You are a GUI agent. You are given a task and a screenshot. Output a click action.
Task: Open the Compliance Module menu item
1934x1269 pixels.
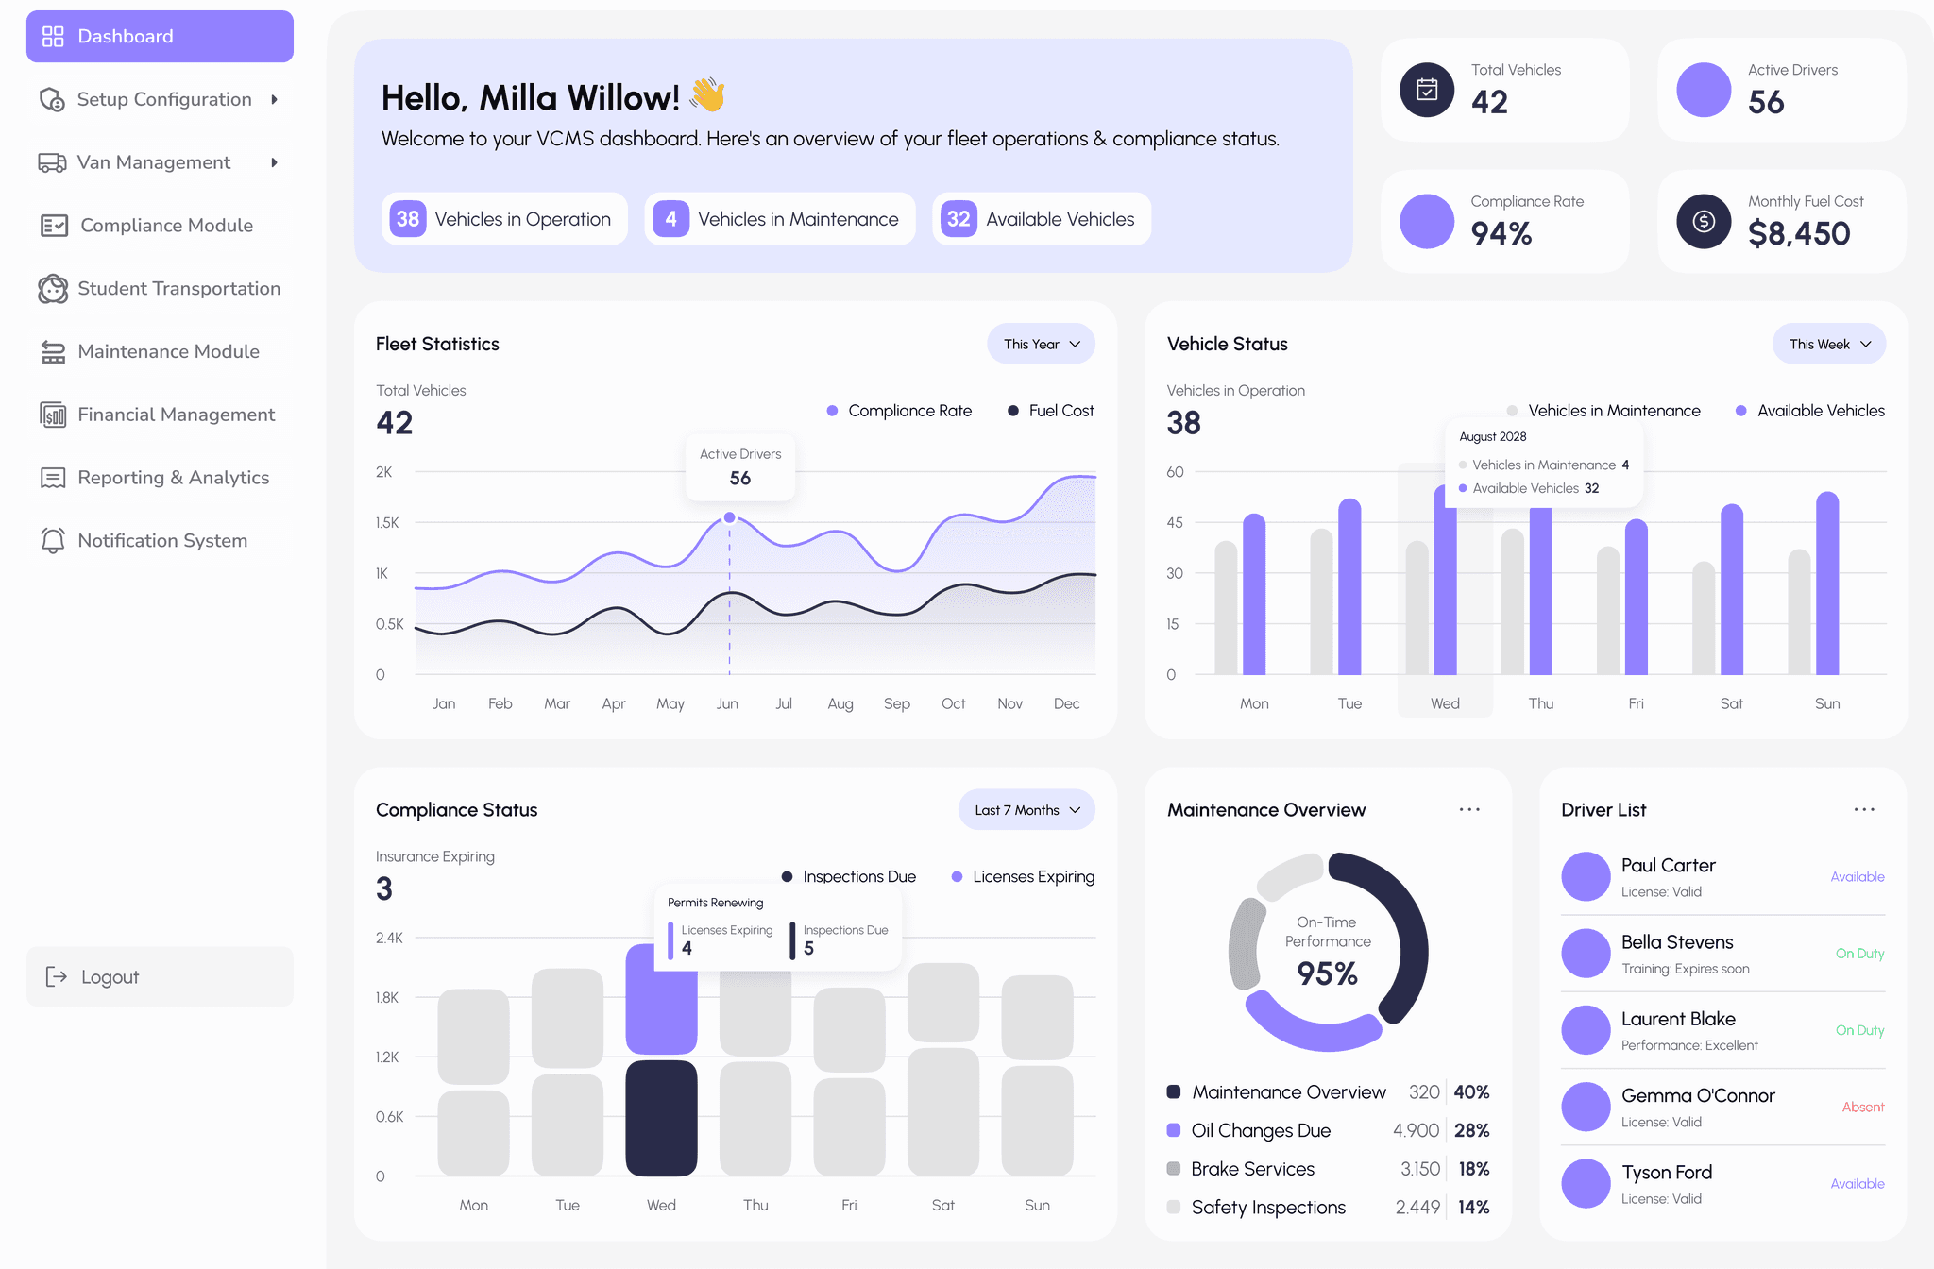point(166,226)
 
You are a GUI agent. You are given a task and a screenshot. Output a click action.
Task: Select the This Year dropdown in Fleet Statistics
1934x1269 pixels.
point(1041,345)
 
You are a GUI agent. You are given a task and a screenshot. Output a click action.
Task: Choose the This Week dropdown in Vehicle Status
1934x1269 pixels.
point(1828,345)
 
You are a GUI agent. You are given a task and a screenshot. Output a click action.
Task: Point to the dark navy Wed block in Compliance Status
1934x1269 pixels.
point(661,1118)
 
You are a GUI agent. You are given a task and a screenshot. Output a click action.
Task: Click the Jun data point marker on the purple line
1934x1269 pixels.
point(729,517)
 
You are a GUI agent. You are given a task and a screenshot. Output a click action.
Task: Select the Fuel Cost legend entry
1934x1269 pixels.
point(1051,411)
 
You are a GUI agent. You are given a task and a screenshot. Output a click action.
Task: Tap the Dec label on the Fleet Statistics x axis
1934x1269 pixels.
point(1066,703)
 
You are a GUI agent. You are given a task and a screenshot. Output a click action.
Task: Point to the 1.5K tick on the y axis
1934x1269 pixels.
point(387,522)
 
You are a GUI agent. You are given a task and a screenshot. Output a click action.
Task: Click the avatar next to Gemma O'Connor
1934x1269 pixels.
point(1586,1107)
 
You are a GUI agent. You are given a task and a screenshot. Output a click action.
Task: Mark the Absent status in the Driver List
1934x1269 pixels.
point(1862,1107)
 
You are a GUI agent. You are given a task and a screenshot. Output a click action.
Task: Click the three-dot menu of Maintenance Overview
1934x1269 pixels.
point(1469,810)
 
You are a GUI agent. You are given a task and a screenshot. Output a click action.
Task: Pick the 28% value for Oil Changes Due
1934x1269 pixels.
point(1471,1130)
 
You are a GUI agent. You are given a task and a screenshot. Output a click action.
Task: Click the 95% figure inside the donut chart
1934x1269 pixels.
point(1327,973)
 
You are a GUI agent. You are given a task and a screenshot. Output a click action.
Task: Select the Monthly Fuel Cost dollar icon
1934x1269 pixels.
point(1703,221)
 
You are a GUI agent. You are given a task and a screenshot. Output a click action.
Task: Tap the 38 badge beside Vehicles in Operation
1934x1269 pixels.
point(408,219)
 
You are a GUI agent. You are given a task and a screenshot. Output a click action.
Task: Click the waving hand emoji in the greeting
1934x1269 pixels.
point(707,95)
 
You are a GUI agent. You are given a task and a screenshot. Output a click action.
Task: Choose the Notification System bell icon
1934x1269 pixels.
point(53,540)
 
